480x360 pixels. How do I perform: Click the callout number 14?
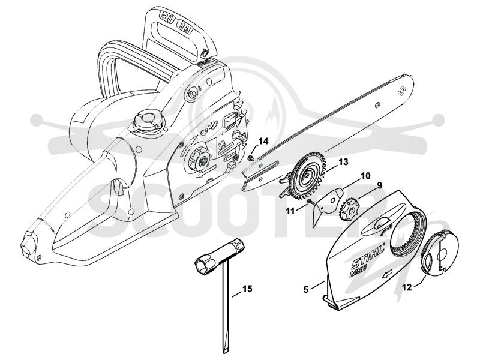tap(263, 142)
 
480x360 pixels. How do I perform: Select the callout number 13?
tap(343, 161)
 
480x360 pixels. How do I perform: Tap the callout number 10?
tap(365, 176)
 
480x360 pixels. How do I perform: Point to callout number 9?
tap(379, 185)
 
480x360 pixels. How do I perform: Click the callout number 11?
tap(290, 211)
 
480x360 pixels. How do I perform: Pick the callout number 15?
tap(248, 289)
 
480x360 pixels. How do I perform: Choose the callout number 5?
tap(306, 289)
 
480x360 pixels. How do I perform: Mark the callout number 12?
tap(407, 287)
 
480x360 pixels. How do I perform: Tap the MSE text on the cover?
tap(358, 271)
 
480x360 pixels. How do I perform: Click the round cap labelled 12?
tap(440, 252)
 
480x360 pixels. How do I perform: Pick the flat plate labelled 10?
tap(328, 206)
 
